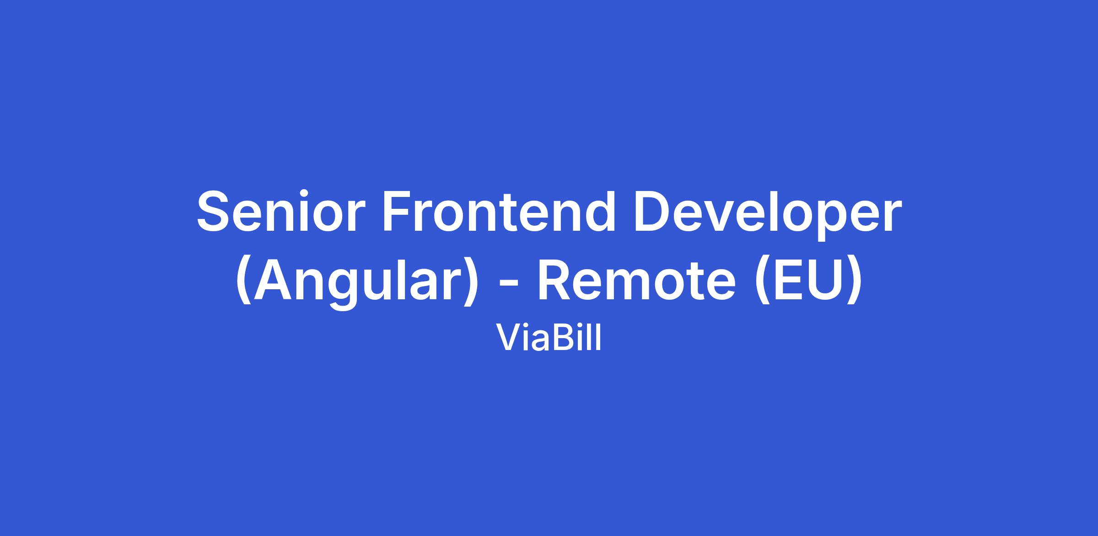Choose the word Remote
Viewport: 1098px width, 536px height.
(636, 281)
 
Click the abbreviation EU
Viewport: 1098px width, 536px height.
(808, 281)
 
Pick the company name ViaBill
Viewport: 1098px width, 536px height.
(549, 339)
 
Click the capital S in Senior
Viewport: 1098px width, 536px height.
(215, 211)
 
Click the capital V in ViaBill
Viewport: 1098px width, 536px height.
(509, 339)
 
